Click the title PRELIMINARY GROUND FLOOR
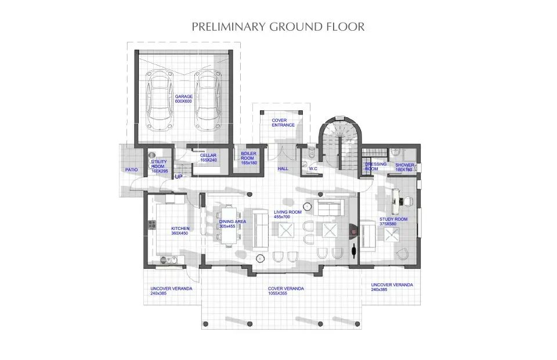[278, 27]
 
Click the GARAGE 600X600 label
[183, 99]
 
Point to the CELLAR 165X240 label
[208, 158]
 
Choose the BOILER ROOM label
[248, 158]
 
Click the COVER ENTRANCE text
[283, 123]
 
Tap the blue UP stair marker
[179, 177]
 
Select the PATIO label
[131, 170]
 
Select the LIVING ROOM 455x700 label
[288, 214]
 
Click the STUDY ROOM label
[394, 222]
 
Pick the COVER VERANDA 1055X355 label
[286, 291]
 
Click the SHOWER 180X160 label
[404, 167]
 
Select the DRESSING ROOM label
[375, 167]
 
